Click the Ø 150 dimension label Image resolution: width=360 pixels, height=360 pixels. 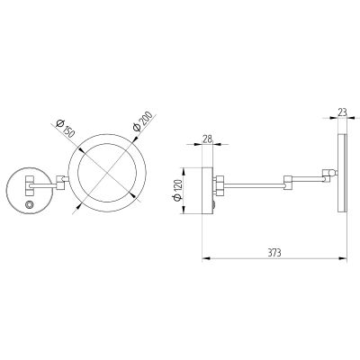click(x=66, y=129)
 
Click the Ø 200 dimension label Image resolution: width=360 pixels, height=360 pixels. click(x=142, y=121)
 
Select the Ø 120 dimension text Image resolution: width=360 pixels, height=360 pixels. click(x=177, y=190)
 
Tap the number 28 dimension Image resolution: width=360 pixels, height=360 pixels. click(x=207, y=139)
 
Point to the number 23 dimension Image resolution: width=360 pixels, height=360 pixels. click(x=342, y=112)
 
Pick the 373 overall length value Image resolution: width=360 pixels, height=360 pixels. click(x=274, y=253)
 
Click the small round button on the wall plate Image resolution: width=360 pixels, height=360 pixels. click(x=29, y=204)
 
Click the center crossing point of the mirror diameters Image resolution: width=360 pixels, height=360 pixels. click(x=107, y=174)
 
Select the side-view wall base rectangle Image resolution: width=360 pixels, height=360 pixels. click(x=207, y=191)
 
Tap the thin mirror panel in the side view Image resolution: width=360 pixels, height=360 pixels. click(x=343, y=174)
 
